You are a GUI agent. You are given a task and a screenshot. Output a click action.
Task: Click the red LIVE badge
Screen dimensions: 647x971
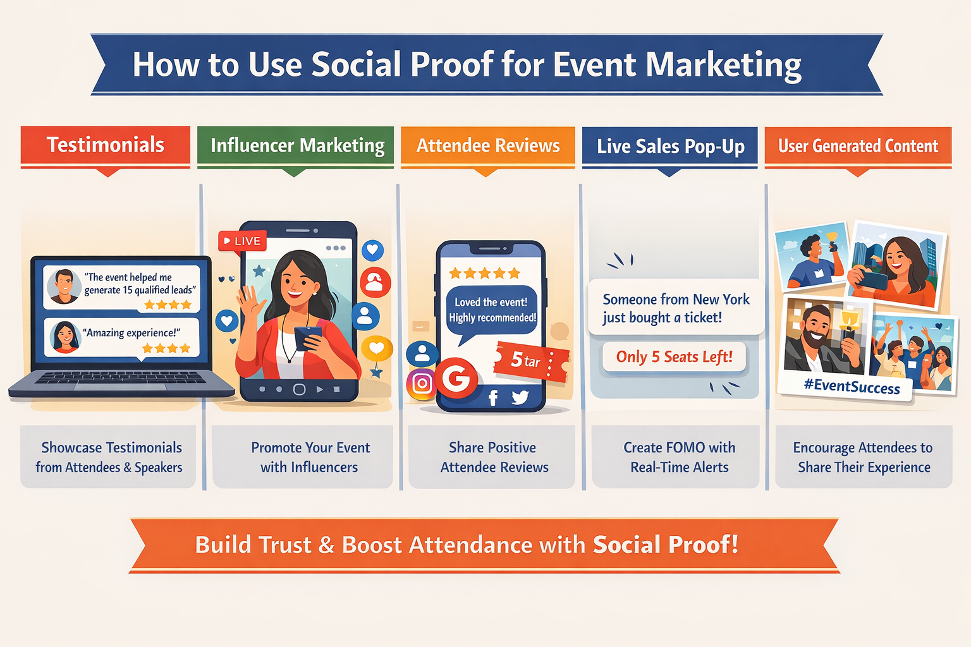tap(243, 241)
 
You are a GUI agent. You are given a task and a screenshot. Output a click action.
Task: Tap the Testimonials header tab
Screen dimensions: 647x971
tap(106, 145)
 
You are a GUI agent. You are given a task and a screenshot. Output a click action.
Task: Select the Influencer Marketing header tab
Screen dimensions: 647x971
tap(296, 146)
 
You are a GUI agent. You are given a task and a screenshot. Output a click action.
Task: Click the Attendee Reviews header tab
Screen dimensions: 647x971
tap(488, 146)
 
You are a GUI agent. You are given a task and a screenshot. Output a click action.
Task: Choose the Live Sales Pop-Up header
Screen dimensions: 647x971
tap(670, 147)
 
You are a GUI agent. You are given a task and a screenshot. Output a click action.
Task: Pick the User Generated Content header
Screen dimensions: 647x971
tap(858, 147)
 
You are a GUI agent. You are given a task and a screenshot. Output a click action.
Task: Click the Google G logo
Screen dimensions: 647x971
tap(456, 378)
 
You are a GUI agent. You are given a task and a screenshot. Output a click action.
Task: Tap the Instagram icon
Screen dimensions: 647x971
tap(422, 383)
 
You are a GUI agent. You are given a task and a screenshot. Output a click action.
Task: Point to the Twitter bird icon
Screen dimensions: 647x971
tap(520, 397)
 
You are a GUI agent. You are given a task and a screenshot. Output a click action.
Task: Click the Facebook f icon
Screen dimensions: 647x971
tap(493, 397)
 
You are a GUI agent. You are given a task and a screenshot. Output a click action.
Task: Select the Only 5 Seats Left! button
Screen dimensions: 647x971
tap(674, 357)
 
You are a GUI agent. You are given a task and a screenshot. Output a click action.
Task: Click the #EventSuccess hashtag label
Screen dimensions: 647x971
tap(852, 386)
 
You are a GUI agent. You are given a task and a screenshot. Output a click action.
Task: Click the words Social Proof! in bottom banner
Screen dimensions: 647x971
tap(665, 545)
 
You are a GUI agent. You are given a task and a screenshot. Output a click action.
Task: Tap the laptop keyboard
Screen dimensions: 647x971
tap(120, 378)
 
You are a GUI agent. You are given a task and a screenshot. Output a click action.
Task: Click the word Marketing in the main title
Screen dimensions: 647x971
tap(723, 65)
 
